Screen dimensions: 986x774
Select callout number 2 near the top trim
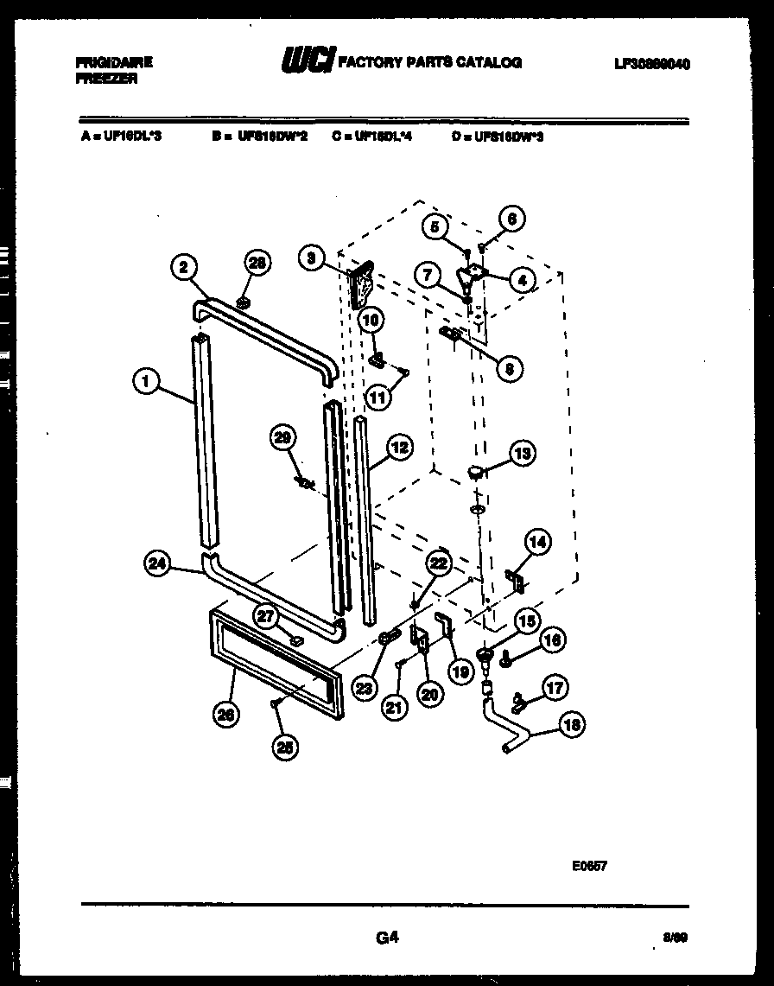182,267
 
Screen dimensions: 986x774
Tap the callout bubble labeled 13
521,453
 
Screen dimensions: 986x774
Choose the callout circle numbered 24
157,563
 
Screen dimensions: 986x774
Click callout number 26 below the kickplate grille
227,714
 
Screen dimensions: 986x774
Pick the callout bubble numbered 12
398,447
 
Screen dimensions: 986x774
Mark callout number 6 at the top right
512,219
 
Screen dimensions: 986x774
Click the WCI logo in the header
306,62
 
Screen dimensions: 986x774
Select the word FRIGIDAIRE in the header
114,62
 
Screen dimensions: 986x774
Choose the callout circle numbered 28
257,263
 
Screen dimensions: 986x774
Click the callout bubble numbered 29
282,437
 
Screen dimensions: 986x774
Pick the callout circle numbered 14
537,543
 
